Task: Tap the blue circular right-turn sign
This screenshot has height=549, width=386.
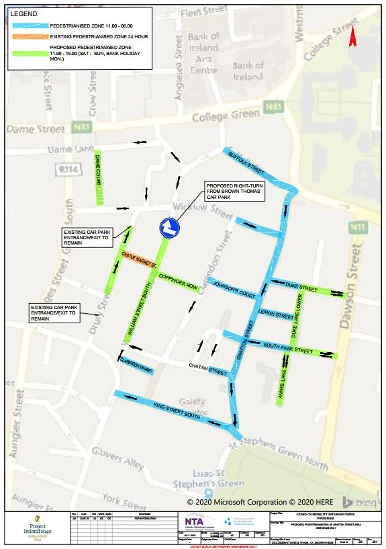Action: pos(168,228)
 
